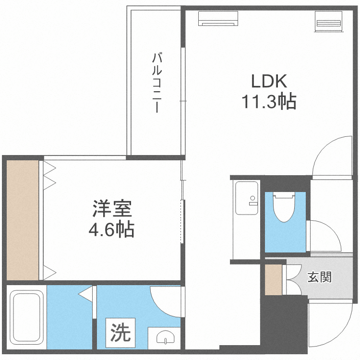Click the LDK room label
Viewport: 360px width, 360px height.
pyautogui.click(x=269, y=81)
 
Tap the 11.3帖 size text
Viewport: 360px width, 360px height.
pyautogui.click(x=268, y=102)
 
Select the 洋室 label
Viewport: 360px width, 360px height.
pyautogui.click(x=111, y=209)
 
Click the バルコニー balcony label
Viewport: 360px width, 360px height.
pyautogui.click(x=156, y=83)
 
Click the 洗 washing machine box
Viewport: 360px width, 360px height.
pyautogui.click(x=121, y=331)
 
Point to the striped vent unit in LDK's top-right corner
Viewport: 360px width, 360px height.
pyautogui.click(x=328, y=22)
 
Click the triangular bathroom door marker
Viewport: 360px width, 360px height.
pyautogui.click(x=86, y=293)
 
